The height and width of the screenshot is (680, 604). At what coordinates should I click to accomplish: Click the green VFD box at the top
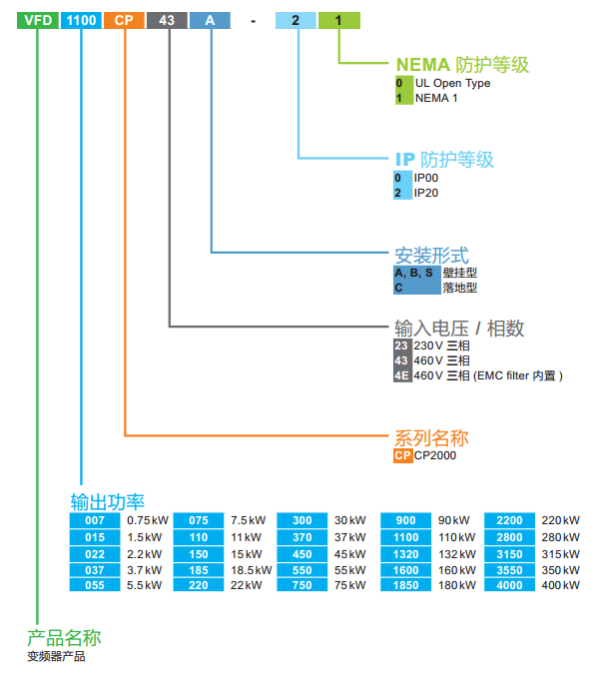pyautogui.click(x=37, y=19)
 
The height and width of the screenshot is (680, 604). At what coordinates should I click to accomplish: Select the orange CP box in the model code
pyautogui.click(x=123, y=19)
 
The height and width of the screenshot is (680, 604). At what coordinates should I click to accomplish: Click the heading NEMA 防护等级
pyautogui.click(x=462, y=65)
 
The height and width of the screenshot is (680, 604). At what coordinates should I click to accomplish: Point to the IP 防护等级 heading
pyautogui.click(x=444, y=159)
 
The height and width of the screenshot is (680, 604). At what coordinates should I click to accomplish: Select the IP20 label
pyautogui.click(x=426, y=193)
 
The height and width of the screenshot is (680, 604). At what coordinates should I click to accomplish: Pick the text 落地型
pyautogui.click(x=460, y=288)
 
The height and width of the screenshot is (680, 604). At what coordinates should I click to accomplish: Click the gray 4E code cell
pyautogui.click(x=401, y=376)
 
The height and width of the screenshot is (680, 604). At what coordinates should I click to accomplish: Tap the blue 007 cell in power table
pyautogui.click(x=95, y=520)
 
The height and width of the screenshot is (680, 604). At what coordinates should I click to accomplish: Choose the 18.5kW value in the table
pyautogui.click(x=251, y=569)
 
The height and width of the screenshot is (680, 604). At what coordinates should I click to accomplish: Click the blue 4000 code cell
pyautogui.click(x=509, y=585)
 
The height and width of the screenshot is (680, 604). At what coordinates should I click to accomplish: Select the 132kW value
pyautogui.click(x=454, y=553)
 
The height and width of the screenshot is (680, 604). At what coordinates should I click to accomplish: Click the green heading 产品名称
pyautogui.click(x=64, y=637)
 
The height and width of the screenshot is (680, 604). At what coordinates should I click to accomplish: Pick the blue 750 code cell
pyautogui.click(x=302, y=585)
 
